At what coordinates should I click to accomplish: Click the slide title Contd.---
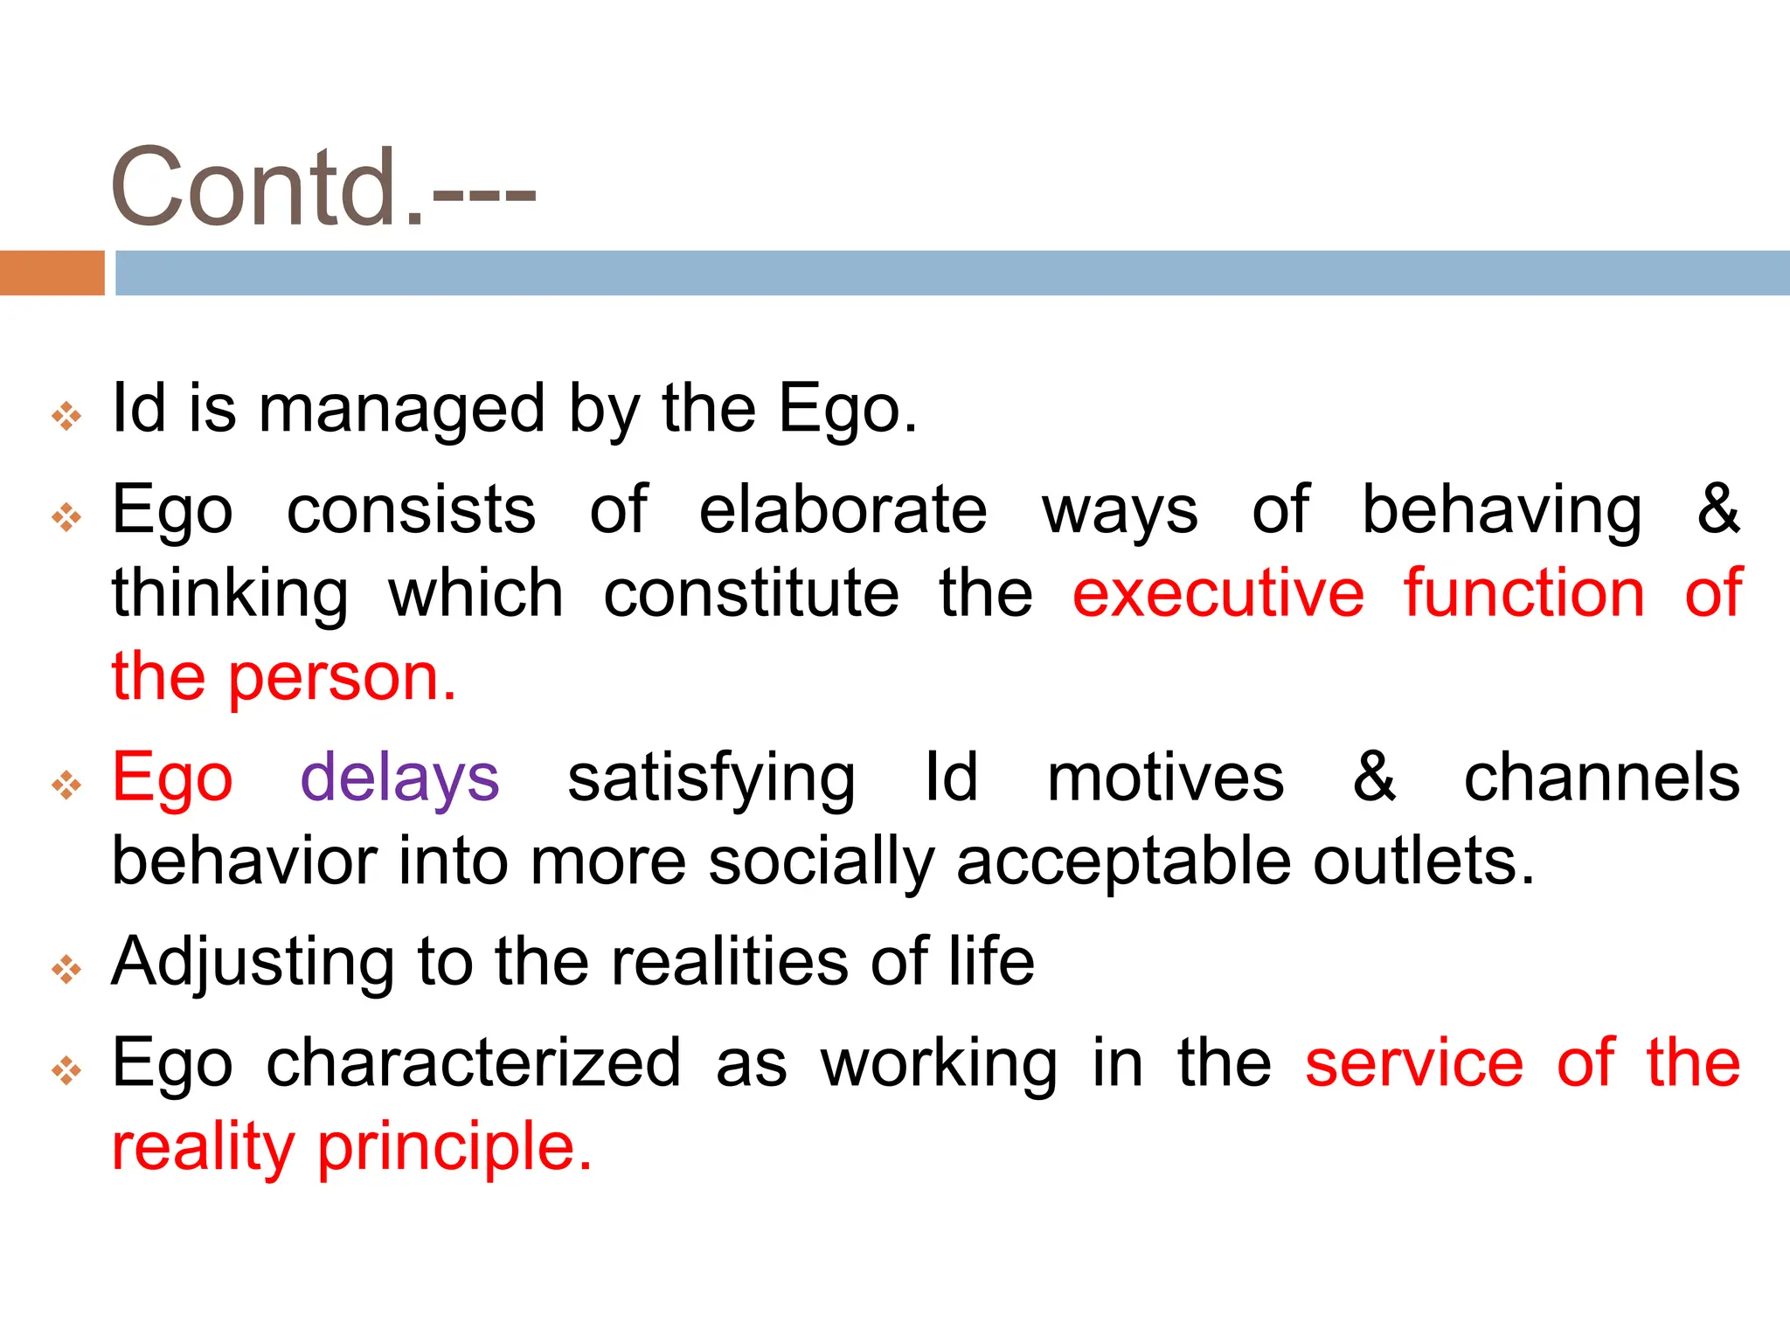[x=323, y=186]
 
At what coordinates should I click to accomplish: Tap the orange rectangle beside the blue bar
[x=52, y=273]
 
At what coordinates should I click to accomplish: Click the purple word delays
[x=399, y=778]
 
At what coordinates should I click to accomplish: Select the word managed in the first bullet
[x=401, y=409]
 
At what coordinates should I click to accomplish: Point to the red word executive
[x=1218, y=593]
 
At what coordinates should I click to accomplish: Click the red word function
[x=1524, y=593]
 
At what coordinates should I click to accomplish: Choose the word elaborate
[x=843, y=509]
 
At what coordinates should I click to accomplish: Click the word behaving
[x=1502, y=509]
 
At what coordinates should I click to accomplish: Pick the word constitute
[x=751, y=593]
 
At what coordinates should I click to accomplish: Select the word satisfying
[x=711, y=778]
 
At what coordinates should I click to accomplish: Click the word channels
[x=1601, y=778]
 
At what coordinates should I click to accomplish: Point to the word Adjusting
[x=253, y=962]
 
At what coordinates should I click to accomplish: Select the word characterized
[x=473, y=1063]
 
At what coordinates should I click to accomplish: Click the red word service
[x=1413, y=1063]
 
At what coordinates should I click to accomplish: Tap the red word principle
[x=454, y=1146]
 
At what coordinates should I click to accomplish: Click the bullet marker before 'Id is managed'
[x=66, y=416]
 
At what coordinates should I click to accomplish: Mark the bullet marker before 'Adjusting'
[x=66, y=969]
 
